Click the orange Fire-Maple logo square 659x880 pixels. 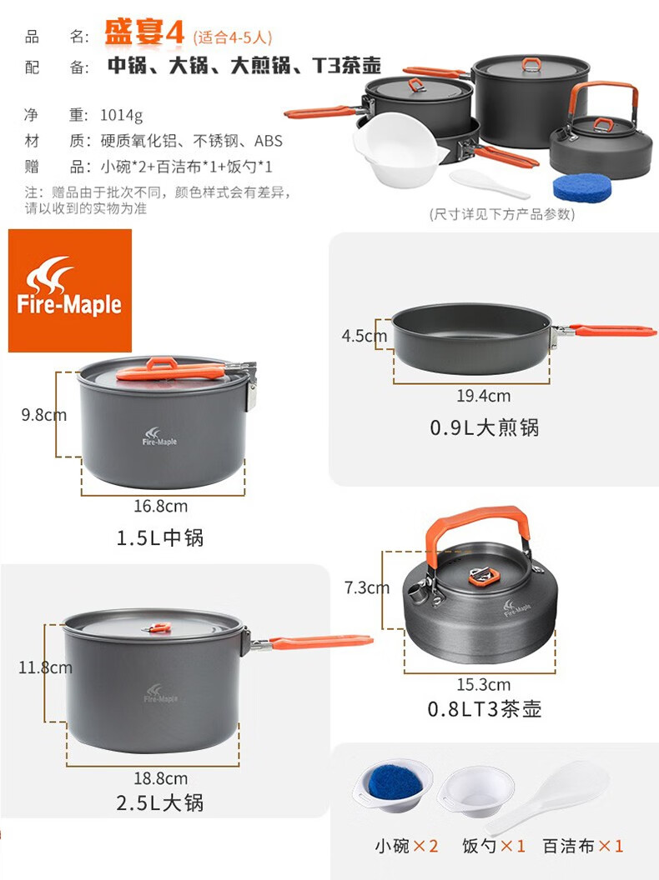pyautogui.click(x=70, y=290)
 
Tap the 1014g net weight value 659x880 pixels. pyautogui.click(x=121, y=115)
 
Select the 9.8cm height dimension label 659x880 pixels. pyautogui.click(x=44, y=415)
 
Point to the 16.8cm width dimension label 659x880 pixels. pyautogui.click(x=161, y=506)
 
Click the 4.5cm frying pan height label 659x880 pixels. pyautogui.click(x=364, y=336)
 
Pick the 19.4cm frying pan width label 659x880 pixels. pyautogui.click(x=483, y=396)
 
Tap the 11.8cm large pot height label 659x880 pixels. pyautogui.click(x=46, y=667)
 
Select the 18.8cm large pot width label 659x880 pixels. pyautogui.click(x=161, y=778)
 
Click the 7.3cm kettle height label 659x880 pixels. pyautogui.click(x=367, y=587)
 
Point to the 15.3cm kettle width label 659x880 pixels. pyautogui.click(x=483, y=685)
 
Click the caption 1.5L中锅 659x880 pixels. pyautogui.click(x=160, y=538)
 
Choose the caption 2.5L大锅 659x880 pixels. pyautogui.click(x=160, y=803)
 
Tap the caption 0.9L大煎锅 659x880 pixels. pyautogui.click(x=485, y=427)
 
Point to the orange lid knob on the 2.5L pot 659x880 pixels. pyautogui.click(x=159, y=627)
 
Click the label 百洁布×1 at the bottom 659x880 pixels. pyautogui.click(x=582, y=846)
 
